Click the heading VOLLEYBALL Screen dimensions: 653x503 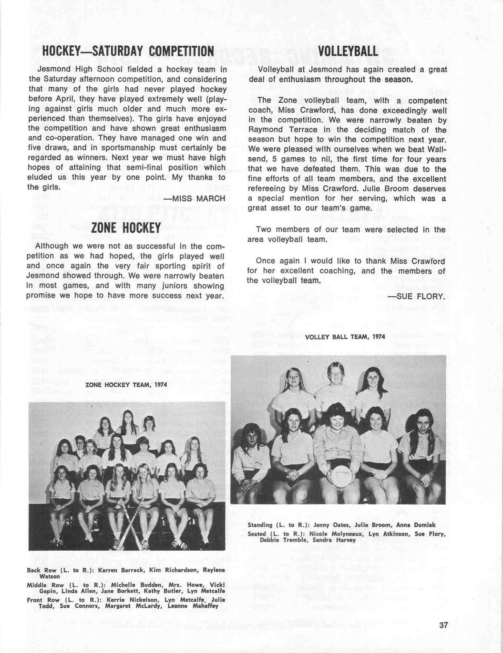pos(348,51)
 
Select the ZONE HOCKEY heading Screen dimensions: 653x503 pos(126,228)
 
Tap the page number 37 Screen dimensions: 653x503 pos(443,625)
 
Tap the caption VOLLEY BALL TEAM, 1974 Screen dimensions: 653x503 pos(345,337)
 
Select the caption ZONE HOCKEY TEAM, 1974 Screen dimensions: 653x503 pos(126,385)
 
